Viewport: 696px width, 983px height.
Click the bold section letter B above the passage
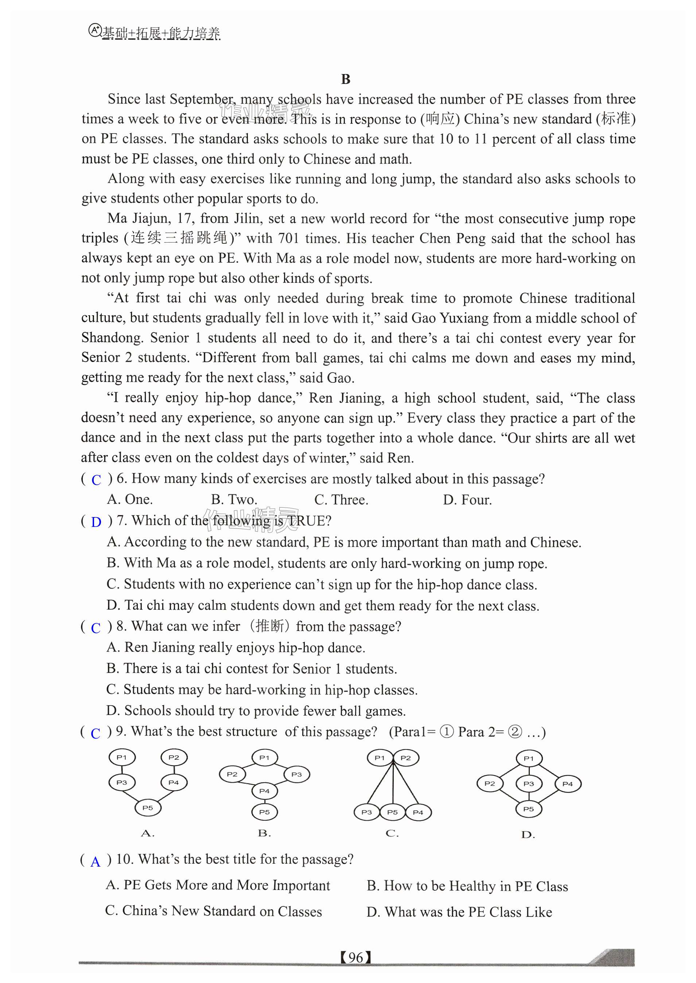(345, 79)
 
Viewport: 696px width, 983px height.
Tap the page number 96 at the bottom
(356, 957)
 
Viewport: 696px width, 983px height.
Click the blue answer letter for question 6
(96, 480)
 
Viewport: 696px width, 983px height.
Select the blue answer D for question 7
(96, 522)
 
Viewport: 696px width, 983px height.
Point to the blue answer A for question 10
(95, 861)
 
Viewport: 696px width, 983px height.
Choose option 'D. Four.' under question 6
(467, 500)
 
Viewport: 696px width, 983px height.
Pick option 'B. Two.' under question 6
(234, 500)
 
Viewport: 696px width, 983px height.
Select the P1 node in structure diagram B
(264, 758)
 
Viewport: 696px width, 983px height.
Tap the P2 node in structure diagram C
(405, 758)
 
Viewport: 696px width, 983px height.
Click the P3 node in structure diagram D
(528, 783)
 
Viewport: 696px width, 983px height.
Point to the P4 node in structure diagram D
(567, 783)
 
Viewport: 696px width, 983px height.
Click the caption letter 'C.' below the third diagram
(392, 833)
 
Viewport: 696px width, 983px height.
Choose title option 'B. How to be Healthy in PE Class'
(467, 886)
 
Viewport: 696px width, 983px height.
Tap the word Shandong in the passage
(112, 338)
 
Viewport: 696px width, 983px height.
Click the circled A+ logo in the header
(94, 30)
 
